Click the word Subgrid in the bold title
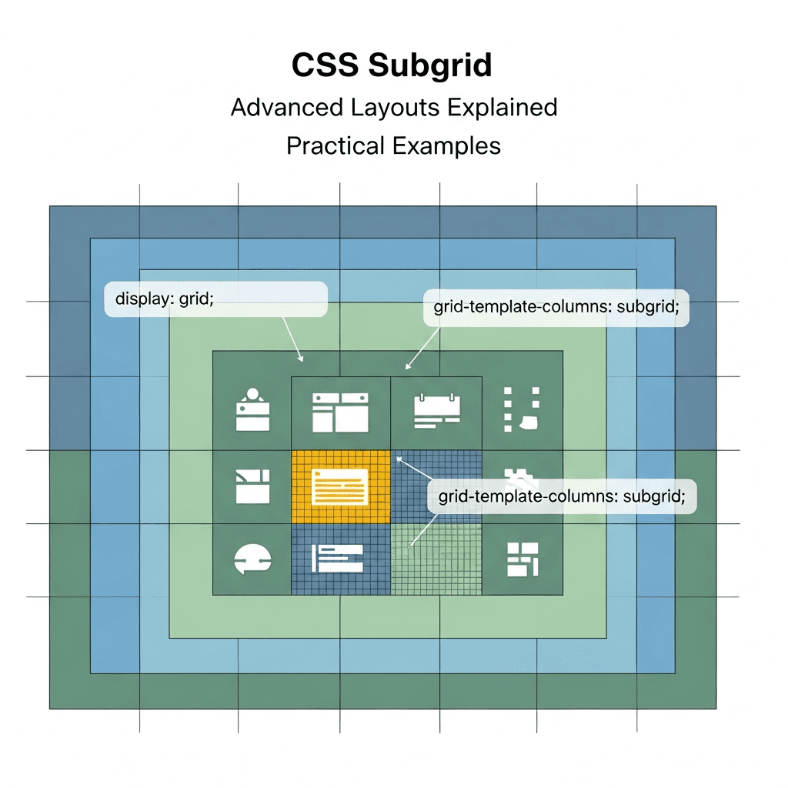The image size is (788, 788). [429, 66]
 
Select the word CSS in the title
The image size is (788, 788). [325, 66]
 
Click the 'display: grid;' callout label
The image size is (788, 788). [215, 299]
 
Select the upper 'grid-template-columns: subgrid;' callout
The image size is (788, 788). [556, 307]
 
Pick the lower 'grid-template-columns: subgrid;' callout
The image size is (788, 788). [561, 496]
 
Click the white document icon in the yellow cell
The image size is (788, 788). [339, 487]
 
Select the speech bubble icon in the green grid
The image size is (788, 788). [252, 559]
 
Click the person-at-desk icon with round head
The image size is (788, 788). [252, 411]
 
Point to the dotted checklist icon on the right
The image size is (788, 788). [521, 409]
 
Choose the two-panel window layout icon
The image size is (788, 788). [339, 412]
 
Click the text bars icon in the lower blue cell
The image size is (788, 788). [336, 558]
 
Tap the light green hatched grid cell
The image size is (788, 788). [436, 559]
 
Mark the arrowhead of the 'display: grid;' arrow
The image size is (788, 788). [302, 359]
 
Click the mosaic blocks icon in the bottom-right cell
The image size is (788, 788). [522, 559]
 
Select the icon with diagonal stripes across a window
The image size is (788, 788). [252, 486]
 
